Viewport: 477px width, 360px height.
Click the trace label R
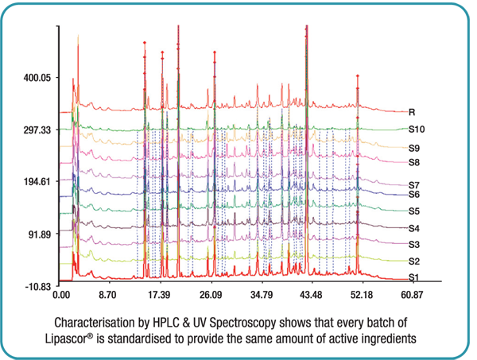(413, 113)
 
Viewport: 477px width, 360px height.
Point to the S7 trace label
(414, 185)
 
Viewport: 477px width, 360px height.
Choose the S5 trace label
(414, 211)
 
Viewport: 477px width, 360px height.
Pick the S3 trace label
(414, 244)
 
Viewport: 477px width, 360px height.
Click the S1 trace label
(414, 277)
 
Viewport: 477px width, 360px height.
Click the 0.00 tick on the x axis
(60, 296)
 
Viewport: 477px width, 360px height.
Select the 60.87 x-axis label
(412, 296)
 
